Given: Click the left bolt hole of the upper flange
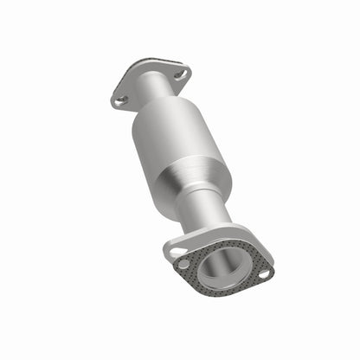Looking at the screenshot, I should [121, 100].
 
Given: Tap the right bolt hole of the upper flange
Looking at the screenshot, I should [180, 75].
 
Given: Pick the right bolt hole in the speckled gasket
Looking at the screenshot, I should [262, 273].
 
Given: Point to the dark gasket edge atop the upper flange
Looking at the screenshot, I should [147, 63].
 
